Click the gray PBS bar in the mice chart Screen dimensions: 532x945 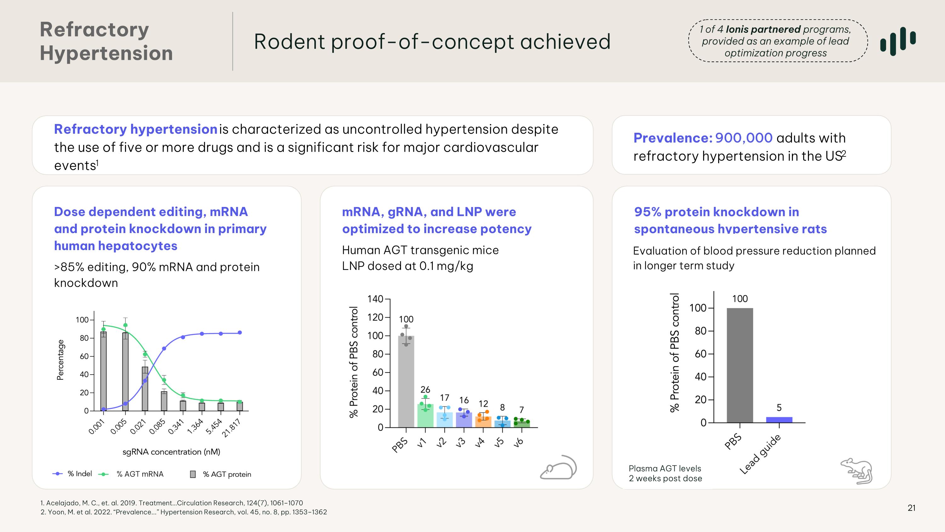406,382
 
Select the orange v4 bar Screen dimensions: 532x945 483,422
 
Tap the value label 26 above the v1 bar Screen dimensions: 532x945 425,389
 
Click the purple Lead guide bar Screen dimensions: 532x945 779,420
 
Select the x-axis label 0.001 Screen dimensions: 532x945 97,427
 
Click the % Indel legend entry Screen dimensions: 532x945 73,474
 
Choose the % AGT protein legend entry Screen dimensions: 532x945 221,474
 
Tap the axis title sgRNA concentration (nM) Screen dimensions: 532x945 171,452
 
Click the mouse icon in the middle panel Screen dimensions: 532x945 558,468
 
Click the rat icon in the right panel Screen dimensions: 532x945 857,471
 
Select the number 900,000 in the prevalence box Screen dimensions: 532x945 744,138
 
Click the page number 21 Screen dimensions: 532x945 911,508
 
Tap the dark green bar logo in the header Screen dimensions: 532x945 898,41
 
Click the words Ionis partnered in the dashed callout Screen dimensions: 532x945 763,29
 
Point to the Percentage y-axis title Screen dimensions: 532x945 60,360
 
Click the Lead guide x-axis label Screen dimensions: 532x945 760,454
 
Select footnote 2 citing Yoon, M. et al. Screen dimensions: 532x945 183,512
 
